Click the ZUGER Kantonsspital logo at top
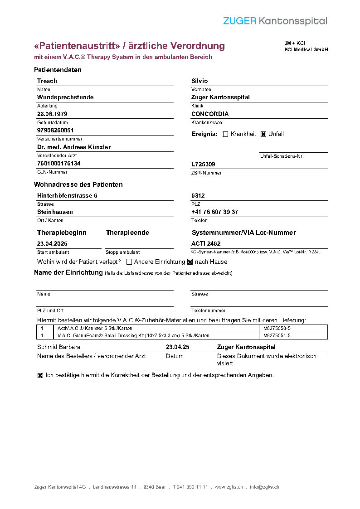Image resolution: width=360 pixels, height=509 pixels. [x=275, y=21]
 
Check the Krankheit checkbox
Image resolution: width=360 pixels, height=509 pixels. [x=225, y=134]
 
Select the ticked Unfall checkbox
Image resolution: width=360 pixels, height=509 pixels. [x=263, y=134]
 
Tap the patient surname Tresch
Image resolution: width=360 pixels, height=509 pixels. [x=47, y=81]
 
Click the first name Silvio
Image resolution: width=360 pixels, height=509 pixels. [x=199, y=81]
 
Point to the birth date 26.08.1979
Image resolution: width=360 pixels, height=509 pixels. [x=52, y=114]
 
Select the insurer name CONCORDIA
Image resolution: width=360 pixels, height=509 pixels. [x=210, y=114]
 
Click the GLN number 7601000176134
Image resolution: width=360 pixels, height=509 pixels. [x=59, y=163]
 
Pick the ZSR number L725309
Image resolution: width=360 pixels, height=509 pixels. [x=203, y=165]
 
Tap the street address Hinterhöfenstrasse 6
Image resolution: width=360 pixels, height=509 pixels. [x=67, y=195]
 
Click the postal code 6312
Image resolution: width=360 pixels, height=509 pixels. [x=198, y=195]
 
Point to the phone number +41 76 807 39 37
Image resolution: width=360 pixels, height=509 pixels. [x=214, y=212]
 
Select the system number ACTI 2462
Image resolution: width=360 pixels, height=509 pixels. [x=206, y=243]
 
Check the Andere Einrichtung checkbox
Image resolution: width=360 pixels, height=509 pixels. [x=129, y=262]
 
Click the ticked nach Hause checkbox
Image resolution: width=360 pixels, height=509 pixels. [x=190, y=262]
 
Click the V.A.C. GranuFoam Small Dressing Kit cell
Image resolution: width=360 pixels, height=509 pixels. [x=133, y=335]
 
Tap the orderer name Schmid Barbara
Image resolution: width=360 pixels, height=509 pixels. [x=55, y=347]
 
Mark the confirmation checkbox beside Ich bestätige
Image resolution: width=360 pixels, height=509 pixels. [x=40, y=375]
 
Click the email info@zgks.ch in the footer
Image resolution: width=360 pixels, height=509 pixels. [x=264, y=487]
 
